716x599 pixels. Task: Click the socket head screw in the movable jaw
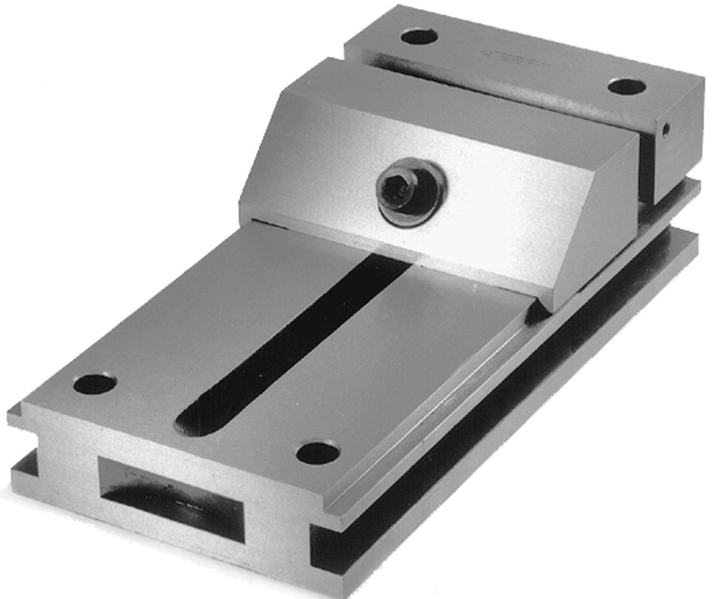(411, 192)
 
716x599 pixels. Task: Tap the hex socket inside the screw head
(396, 188)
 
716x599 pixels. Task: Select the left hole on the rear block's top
(419, 36)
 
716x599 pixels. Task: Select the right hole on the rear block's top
(626, 86)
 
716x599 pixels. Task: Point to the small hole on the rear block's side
(666, 130)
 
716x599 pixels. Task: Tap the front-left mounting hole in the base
(95, 383)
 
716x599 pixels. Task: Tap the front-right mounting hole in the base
(317, 452)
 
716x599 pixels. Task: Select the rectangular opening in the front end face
(172, 498)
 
